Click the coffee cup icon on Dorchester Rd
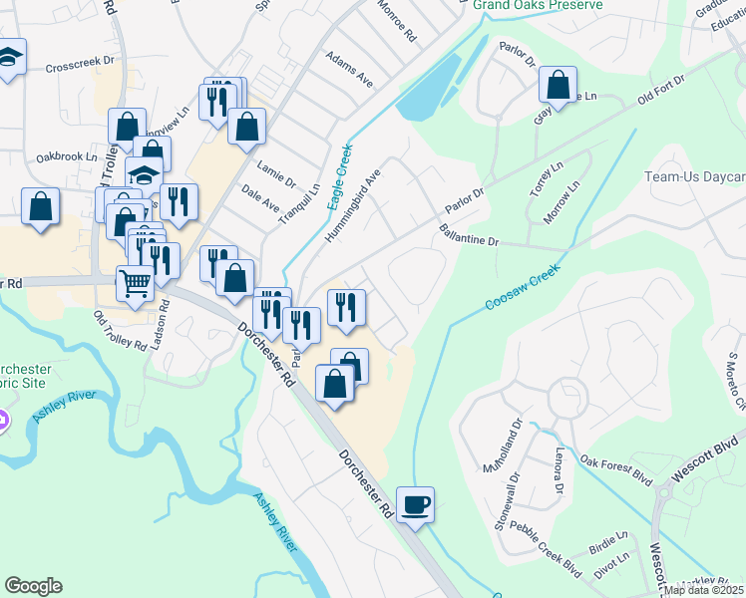coord(415,502)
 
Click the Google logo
coord(33,586)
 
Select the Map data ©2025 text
coord(703,590)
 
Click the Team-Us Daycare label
coord(694,176)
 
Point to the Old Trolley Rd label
coord(120,331)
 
